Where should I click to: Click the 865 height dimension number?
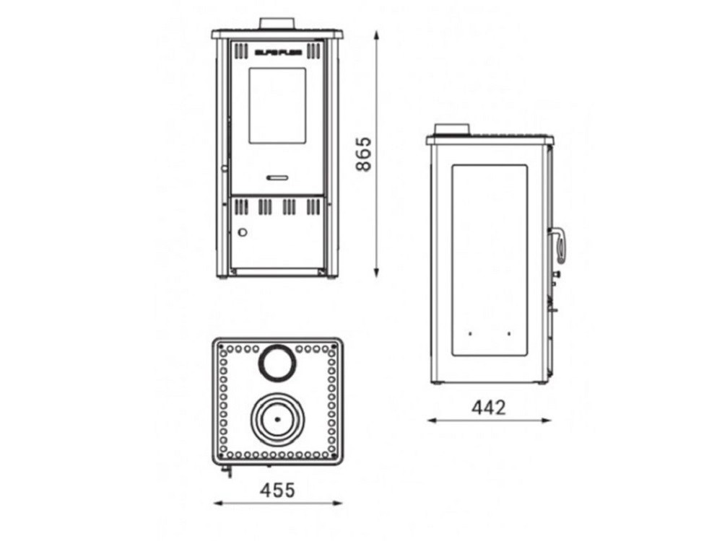pyautogui.click(x=366, y=153)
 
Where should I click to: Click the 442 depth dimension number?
pyautogui.click(x=489, y=407)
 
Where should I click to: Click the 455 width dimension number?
pyautogui.click(x=277, y=491)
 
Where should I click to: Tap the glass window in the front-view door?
pyautogui.click(x=277, y=105)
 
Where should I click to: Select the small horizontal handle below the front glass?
pyautogui.click(x=277, y=177)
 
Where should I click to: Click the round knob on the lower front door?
pyautogui.click(x=243, y=232)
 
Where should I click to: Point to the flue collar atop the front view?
pyautogui.click(x=277, y=23)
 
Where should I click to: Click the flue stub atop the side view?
pyautogui.click(x=451, y=129)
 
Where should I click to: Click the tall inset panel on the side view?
pyautogui.click(x=489, y=260)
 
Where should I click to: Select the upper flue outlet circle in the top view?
pyautogui.click(x=277, y=362)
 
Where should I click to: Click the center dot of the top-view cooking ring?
pyautogui.click(x=277, y=419)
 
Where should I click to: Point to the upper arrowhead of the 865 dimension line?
pyautogui.click(x=376, y=35)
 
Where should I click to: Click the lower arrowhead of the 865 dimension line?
pyautogui.click(x=376, y=273)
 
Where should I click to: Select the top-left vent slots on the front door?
pyautogui.click(x=240, y=50)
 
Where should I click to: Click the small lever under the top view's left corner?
pyautogui.click(x=228, y=472)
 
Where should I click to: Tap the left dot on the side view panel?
pyautogui.click(x=469, y=334)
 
